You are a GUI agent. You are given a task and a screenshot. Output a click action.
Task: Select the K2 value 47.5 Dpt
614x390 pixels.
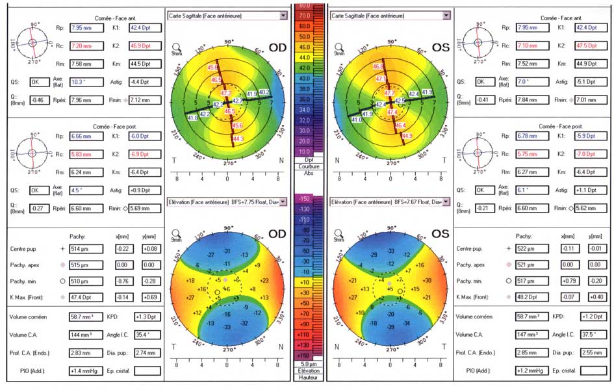(x=589, y=46)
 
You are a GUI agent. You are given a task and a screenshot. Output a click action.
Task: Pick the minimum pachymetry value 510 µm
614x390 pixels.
(x=81, y=281)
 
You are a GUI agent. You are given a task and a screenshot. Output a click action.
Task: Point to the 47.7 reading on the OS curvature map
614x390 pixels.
(x=390, y=94)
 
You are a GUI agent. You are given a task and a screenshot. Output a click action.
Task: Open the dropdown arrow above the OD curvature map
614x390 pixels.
(x=283, y=14)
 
